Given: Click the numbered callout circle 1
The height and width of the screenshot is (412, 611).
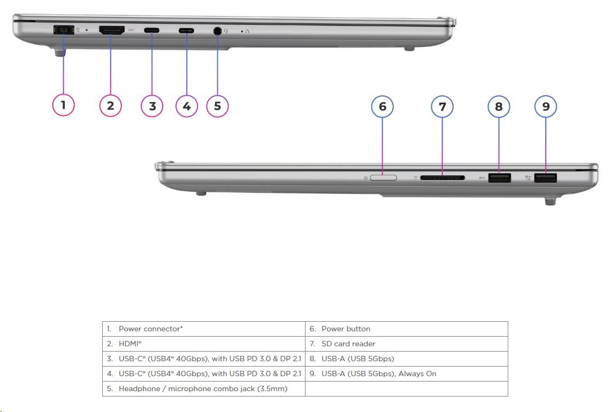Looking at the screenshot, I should [x=63, y=105].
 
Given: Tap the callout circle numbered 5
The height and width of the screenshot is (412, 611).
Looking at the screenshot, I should [x=217, y=106].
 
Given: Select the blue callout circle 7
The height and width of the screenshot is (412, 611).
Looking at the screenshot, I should [x=442, y=107].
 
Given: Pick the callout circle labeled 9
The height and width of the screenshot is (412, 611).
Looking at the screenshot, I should [x=546, y=107].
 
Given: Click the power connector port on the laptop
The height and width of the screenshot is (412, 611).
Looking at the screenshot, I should [x=63, y=30].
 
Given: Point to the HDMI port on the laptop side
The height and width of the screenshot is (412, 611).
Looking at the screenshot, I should [x=112, y=30].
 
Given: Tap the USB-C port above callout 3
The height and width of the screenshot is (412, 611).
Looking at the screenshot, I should [x=151, y=30].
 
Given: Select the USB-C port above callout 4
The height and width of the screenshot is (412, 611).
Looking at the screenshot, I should [x=187, y=30].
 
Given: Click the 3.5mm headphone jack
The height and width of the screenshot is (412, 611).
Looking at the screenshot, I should [x=217, y=31].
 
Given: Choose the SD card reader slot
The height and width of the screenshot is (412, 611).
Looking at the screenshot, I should [x=442, y=177].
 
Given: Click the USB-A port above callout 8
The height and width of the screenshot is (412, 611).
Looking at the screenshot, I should [x=499, y=178].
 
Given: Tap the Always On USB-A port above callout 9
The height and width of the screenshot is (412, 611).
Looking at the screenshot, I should [x=546, y=178].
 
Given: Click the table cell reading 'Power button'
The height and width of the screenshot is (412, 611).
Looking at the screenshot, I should [x=346, y=329].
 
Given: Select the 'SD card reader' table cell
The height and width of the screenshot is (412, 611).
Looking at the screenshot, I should [x=348, y=344].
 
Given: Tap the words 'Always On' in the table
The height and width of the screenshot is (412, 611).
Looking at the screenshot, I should [x=417, y=374].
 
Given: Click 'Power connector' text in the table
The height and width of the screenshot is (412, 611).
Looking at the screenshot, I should [x=150, y=329].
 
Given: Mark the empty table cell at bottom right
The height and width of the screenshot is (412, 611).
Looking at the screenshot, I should [x=406, y=388].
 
